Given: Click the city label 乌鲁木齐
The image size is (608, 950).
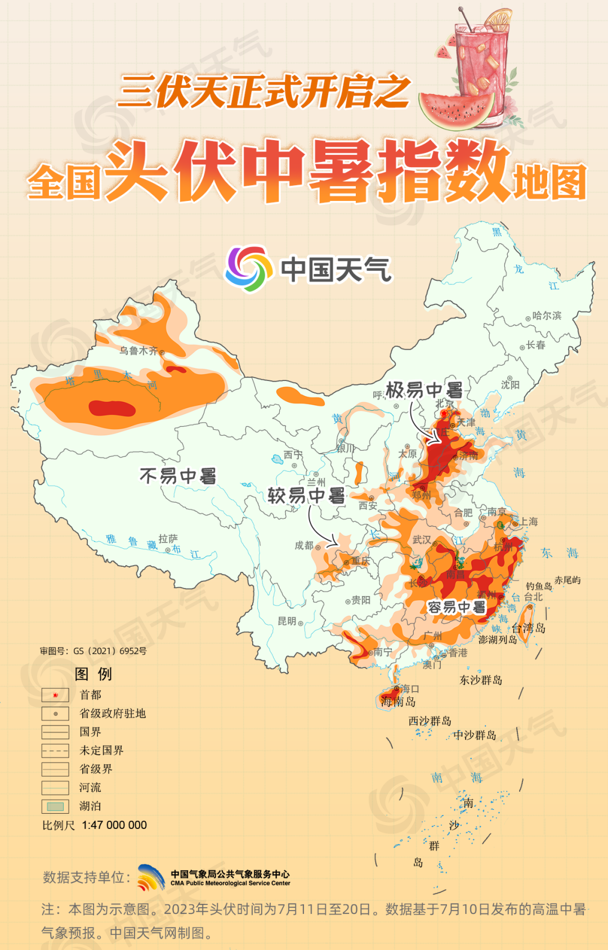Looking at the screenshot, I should point(138,351).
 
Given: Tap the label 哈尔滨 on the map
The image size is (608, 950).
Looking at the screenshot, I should point(547,316).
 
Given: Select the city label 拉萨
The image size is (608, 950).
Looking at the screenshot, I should point(168,539).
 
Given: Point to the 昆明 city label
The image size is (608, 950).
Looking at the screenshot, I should point(287,621).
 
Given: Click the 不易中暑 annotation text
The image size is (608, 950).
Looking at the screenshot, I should point(178,476).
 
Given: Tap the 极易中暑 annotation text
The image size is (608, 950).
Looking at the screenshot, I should point(424,389).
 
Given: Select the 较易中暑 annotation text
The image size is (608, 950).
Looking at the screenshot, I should point(306,496).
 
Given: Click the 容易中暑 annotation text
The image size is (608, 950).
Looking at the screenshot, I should point(456,607).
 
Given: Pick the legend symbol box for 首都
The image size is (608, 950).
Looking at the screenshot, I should point(55,695).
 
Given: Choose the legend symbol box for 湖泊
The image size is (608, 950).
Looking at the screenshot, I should point(55,806).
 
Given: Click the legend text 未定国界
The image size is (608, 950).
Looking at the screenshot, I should point(101,750).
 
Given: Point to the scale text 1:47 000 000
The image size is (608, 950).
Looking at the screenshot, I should point(114,825).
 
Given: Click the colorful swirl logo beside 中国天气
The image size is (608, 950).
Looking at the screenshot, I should point(246,268).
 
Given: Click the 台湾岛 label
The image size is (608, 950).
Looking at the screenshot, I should point(528,628).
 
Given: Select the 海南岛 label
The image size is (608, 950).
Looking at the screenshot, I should point(398,702).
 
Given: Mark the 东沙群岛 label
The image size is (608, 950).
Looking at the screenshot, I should point(480,680).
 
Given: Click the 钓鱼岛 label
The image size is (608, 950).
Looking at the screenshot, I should point(538,586).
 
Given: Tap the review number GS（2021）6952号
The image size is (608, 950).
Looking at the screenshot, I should point(110,651).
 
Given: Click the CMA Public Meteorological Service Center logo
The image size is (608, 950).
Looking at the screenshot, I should point(151,877).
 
